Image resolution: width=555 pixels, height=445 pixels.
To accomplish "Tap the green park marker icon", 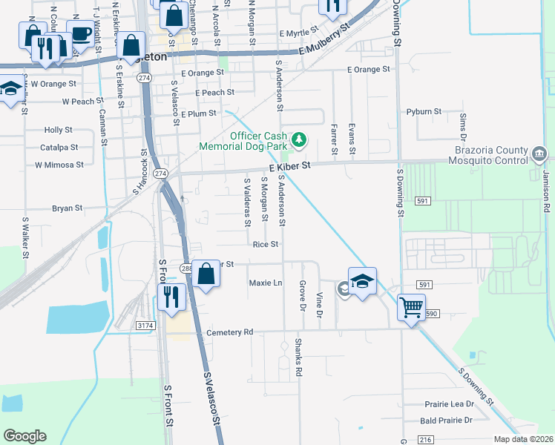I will (299, 139).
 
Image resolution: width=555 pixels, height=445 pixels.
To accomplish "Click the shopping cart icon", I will (411, 306).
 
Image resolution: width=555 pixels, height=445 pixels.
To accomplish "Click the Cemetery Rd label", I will (231, 332).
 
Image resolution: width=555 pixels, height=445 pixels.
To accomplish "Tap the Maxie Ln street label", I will (266, 283).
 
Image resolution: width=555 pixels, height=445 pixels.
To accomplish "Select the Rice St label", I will (265, 244).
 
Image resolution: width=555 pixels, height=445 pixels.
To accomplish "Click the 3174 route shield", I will (146, 324).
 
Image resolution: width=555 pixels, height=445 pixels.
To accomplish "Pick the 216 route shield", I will (425, 440).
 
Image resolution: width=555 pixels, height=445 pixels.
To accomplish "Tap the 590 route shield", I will (432, 314).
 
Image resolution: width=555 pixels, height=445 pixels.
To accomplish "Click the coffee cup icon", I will (80, 33).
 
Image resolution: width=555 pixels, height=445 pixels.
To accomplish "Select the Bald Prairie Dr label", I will (446, 421).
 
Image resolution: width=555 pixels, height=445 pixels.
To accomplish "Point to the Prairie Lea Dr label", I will (449, 404).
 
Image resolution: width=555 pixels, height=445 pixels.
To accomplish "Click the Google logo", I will (24, 436).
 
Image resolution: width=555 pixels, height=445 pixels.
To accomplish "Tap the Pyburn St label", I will (424, 111).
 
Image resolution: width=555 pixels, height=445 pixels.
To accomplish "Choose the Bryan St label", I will (67, 208).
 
